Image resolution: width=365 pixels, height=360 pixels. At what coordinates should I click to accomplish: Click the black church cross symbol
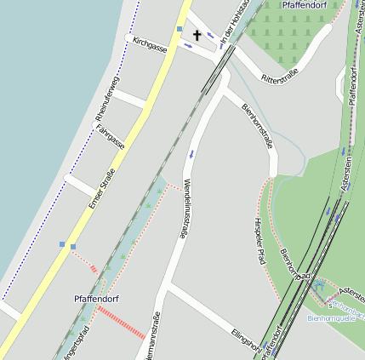pyautogui.click(x=197, y=35)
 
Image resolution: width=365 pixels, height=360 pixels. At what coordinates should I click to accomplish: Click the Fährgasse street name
pyautogui.click(x=111, y=137)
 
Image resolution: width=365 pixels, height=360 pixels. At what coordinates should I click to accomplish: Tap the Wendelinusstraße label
pyautogui.click(x=185, y=209)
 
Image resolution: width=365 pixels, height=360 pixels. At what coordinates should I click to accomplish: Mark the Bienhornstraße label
pyautogui.click(x=257, y=127)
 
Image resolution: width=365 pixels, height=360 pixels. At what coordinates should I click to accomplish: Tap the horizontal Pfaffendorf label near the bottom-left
pyautogui.click(x=95, y=299)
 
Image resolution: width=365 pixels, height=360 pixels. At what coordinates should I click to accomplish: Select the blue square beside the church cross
pyautogui.click(x=180, y=29)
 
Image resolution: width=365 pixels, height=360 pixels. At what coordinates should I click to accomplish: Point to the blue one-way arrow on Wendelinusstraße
pyautogui.click(x=191, y=154)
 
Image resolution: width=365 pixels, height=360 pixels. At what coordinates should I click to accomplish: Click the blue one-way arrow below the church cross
pyautogui.click(x=188, y=46)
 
